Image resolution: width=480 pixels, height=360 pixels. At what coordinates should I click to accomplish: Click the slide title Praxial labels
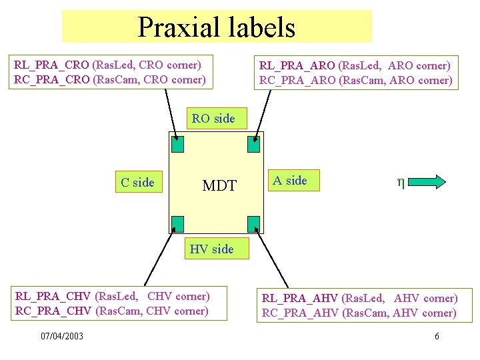tap(216, 27)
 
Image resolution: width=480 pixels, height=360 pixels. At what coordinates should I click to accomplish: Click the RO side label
tap(213, 119)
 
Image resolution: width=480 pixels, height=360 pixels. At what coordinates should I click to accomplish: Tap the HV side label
tap(211, 249)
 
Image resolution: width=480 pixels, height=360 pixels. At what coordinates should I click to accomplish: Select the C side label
tap(137, 182)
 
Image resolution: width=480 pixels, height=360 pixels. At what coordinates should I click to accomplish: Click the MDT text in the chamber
tap(219, 185)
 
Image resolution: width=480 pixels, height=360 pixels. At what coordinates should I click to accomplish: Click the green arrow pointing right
tap(434, 182)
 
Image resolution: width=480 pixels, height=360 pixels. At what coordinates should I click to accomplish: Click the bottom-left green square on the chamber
tap(178, 223)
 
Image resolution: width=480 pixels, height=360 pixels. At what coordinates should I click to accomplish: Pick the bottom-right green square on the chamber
tap(253, 223)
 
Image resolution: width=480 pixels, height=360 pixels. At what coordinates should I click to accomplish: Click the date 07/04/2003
tap(62, 336)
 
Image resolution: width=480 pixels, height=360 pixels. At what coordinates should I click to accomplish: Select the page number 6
tap(437, 336)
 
